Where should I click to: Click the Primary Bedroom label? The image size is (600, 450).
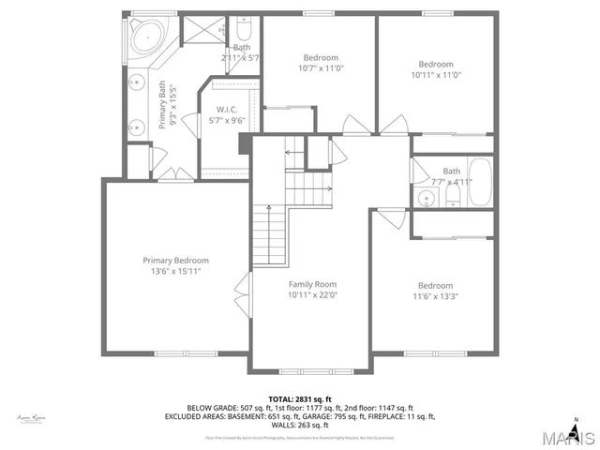coord(175,261)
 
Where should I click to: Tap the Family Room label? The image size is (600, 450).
coord(311,284)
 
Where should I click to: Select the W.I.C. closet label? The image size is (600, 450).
coord(225,109)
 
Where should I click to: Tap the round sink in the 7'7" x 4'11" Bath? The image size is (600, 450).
coord(427,197)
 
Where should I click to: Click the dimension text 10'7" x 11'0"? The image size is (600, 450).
coord(320,68)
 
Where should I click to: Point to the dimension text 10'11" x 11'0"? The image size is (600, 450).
coord(435,75)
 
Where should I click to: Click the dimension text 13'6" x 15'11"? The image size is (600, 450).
coord(175,271)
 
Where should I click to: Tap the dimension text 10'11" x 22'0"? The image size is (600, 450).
coord(311,294)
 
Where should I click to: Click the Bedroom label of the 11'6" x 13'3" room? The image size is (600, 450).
coord(435,286)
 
